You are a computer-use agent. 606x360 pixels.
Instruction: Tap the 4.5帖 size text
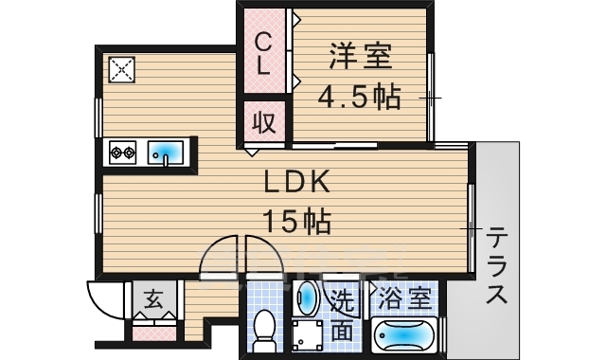[x=358, y=97]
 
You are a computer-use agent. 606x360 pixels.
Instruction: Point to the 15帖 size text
[x=296, y=223]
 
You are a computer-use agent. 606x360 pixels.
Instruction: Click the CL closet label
[x=265, y=54]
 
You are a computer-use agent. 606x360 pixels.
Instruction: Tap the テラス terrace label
[x=496, y=266]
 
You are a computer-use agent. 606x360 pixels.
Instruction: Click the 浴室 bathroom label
[x=405, y=300]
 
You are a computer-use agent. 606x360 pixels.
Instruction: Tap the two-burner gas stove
[x=124, y=152]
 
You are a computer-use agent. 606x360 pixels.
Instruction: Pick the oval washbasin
[x=308, y=297]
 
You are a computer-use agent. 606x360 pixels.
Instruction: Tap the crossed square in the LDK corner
[x=122, y=69]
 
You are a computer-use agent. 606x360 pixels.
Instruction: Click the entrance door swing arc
[x=102, y=301]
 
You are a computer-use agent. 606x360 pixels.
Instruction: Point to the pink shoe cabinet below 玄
[x=151, y=333]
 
